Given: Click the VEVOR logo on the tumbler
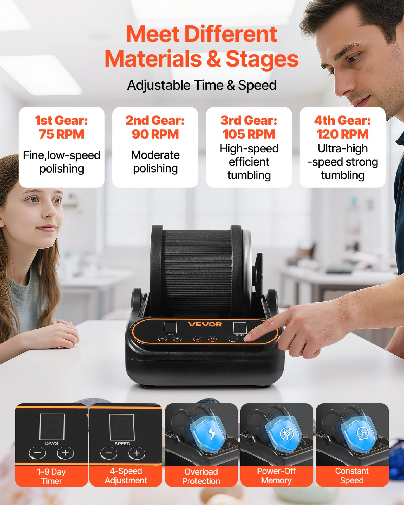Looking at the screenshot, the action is pos(205,324).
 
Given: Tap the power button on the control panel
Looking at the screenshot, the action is pos(198,339).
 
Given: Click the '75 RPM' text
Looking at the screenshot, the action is pos(62,134).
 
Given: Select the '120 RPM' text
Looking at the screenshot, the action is pos(342,134).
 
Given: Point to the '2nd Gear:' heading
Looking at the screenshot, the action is pos(155,121).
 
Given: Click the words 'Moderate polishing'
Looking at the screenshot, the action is pos(155,162).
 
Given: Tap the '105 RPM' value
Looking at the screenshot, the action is pos(249,134).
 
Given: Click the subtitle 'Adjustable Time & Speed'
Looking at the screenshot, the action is pos(202,85).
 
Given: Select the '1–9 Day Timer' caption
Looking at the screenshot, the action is pos(51,476).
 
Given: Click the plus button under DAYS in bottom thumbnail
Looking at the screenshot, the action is pos(65,453).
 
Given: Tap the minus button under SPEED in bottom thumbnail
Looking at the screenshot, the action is pos(109,453).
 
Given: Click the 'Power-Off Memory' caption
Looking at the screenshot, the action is pos(277,476).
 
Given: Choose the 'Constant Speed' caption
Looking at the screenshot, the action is pos(352,476).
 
